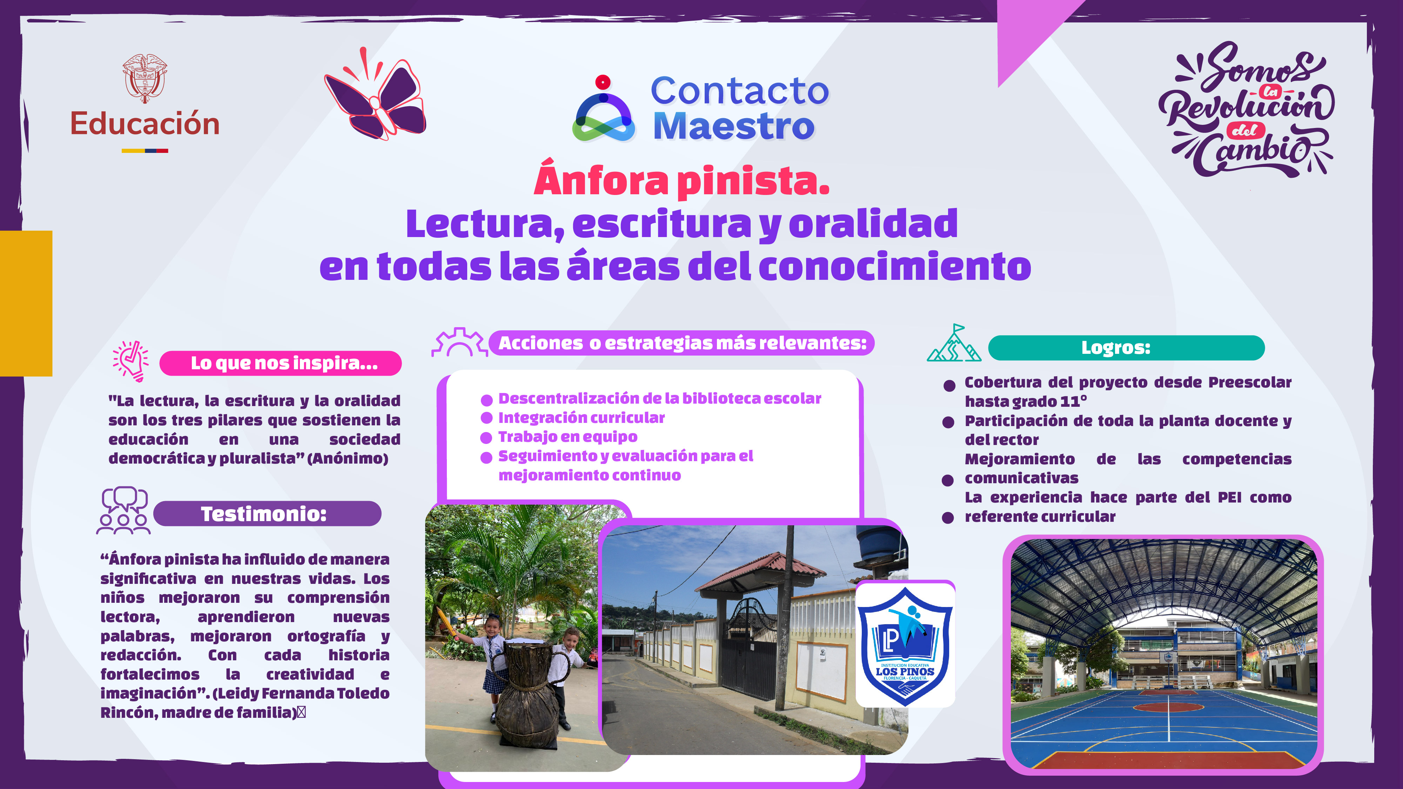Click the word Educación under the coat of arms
point(145,123)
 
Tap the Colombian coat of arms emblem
point(144,78)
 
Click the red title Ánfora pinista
point(682,181)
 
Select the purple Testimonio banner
point(267,513)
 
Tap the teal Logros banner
point(1126,348)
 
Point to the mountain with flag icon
point(954,344)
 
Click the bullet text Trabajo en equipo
point(568,437)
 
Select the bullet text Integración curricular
point(581,418)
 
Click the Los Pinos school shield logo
point(905,645)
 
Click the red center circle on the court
point(1168,707)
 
